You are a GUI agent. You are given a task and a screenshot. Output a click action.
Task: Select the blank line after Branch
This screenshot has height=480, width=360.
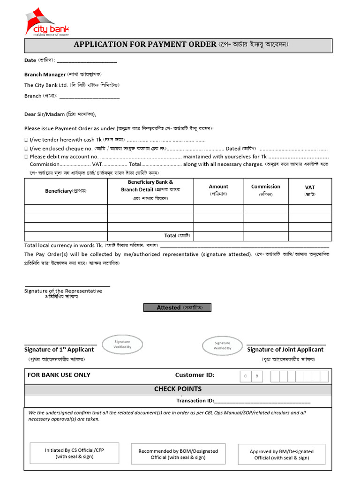click(89, 97)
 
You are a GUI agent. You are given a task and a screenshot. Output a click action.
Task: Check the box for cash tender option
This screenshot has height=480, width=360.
click(26, 140)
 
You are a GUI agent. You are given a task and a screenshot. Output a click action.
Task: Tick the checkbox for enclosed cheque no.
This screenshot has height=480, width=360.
click(26, 148)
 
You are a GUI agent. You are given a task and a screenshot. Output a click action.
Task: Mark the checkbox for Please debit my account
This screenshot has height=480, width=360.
click(26, 157)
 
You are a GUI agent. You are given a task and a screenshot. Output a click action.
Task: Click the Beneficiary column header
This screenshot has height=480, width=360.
click(66, 191)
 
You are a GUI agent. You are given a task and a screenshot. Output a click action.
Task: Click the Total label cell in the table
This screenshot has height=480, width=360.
click(150, 236)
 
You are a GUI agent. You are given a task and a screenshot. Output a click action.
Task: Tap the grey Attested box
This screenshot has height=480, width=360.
click(177, 307)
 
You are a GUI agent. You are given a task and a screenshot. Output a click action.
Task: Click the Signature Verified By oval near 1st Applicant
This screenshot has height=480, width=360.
click(122, 345)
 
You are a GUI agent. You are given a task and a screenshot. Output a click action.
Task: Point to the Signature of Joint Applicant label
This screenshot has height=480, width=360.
click(285, 350)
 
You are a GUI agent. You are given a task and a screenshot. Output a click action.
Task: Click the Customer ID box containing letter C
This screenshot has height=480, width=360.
click(245, 376)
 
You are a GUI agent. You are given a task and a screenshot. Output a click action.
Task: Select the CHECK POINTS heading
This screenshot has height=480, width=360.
click(178, 389)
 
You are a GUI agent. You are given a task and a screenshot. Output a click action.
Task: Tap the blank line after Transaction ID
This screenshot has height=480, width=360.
click(262, 401)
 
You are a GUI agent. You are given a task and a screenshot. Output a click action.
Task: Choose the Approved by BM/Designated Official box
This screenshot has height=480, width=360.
click(282, 455)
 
